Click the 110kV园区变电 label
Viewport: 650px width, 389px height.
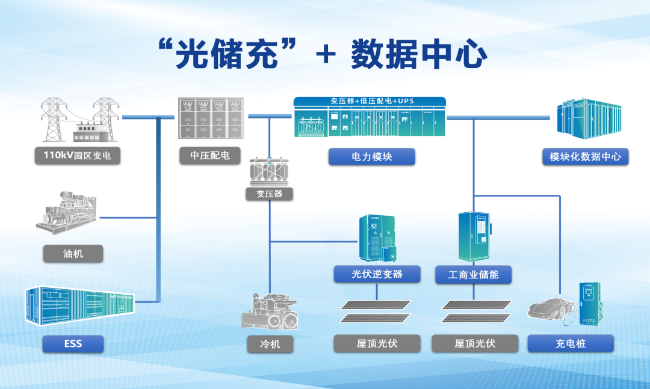[77, 156]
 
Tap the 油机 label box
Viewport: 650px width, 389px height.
[73, 254]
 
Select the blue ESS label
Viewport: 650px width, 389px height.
[73, 344]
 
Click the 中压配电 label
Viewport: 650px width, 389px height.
[209, 155]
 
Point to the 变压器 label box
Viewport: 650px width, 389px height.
[269, 194]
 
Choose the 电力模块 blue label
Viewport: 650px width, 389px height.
[371, 156]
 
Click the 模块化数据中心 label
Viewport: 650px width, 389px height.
[585, 157]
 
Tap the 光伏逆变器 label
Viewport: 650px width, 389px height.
[377, 274]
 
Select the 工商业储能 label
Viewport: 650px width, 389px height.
[473, 275]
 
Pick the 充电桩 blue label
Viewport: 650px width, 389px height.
[570, 343]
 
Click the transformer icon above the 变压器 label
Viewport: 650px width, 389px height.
[268, 171]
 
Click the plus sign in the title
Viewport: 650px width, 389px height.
[326, 55]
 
